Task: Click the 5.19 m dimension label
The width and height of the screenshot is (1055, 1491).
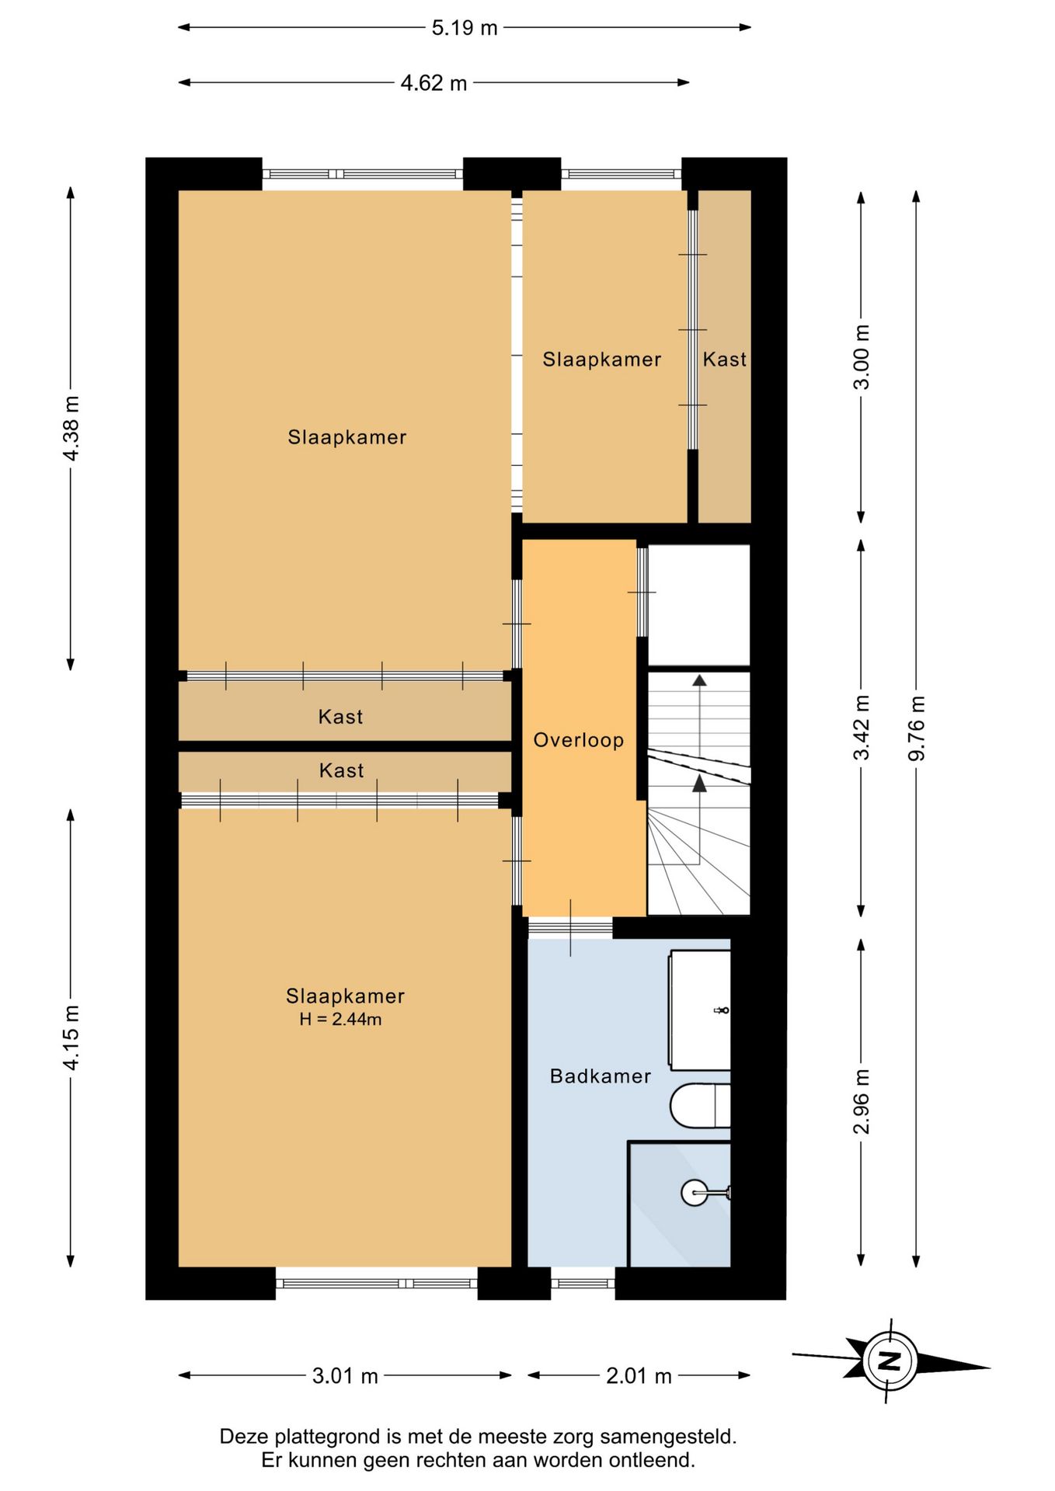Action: click(465, 28)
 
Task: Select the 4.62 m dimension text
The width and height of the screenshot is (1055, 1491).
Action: click(433, 83)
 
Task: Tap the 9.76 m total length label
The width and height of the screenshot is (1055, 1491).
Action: click(917, 728)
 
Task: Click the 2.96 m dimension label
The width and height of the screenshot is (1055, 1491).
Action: click(862, 1101)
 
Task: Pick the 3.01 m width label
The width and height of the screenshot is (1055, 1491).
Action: click(345, 1376)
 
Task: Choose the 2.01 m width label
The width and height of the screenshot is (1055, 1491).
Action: click(639, 1376)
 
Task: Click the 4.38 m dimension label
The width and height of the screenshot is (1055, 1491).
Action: click(71, 428)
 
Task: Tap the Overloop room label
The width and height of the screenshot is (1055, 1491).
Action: click(579, 740)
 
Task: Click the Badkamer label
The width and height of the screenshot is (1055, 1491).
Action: click(601, 1076)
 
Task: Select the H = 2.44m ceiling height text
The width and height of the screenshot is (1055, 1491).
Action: click(341, 1020)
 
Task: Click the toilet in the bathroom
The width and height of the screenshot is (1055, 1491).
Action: click(700, 1106)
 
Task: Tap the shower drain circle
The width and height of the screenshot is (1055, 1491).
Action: click(695, 1192)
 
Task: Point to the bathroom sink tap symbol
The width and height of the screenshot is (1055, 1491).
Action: click(722, 1010)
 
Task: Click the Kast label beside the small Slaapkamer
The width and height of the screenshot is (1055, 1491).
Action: click(725, 360)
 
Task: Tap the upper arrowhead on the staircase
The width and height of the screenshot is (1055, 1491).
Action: click(700, 681)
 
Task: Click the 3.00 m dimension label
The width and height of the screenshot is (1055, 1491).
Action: click(862, 356)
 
